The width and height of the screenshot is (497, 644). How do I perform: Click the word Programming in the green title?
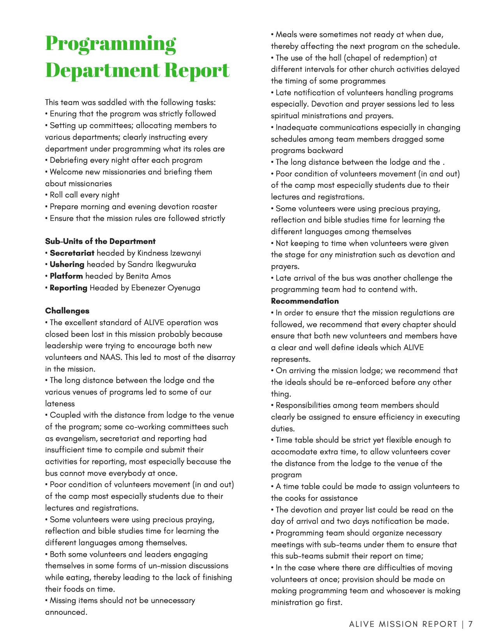click(111, 44)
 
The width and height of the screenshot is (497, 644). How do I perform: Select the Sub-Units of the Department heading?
click(100, 241)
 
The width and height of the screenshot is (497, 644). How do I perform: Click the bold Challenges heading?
click(67, 311)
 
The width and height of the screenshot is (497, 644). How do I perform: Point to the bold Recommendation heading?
click(305, 301)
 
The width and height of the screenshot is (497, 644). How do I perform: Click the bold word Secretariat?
click(72, 253)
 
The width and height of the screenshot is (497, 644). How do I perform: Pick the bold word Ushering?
click(67, 264)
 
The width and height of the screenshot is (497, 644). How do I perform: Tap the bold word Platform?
click(66, 276)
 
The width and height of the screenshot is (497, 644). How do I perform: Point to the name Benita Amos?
click(148, 276)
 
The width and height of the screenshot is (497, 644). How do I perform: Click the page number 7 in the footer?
click(470, 624)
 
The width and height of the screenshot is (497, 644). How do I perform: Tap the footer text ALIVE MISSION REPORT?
click(403, 624)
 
